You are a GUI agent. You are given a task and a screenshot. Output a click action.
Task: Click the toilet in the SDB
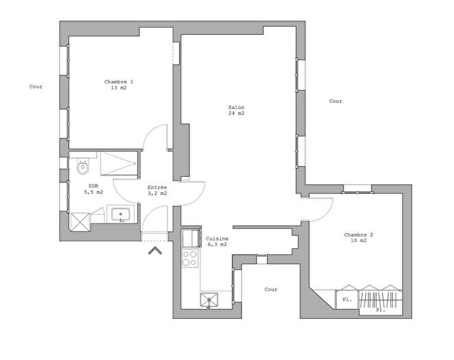pos(83,167)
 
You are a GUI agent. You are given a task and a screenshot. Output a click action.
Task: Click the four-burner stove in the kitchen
pos(189,259)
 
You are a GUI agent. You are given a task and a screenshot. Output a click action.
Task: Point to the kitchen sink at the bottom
pos(208,299)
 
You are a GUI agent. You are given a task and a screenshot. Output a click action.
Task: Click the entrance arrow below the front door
pos(154,250)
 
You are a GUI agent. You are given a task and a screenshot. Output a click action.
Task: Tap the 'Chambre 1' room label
pos(119,82)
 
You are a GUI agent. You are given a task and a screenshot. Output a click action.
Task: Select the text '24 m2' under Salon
pos(237,113)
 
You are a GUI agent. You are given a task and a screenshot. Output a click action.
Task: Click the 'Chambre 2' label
pos(359,235)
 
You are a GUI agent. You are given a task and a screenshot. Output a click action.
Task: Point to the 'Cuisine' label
pos(217,238)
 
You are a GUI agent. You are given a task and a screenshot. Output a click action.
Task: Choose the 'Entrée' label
pos(158,187)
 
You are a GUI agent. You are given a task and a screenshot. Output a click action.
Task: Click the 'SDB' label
pos(93,186)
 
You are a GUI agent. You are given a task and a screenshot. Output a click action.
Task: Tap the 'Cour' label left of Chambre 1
pos(36,86)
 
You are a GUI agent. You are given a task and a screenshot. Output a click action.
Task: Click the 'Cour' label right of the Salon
pos(335,101)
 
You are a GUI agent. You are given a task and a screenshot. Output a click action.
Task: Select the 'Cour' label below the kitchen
pos(271,289)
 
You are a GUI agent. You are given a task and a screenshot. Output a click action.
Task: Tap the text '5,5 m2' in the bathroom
pos(93,192)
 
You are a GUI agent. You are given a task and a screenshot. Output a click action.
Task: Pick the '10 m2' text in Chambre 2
pos(359,241)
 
